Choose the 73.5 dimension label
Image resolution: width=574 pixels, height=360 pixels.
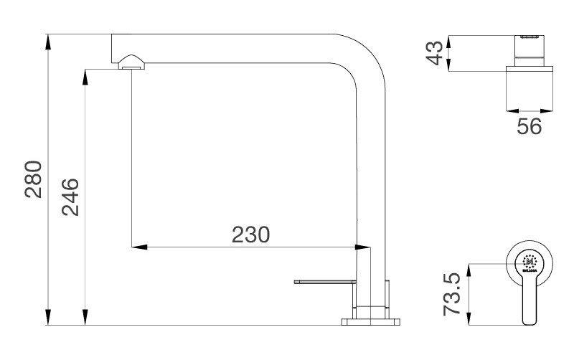point(452,294)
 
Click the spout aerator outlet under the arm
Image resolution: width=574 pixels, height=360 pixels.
point(131,65)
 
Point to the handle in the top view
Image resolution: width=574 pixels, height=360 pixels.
point(532,305)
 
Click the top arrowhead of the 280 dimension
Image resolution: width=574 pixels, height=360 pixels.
point(48,40)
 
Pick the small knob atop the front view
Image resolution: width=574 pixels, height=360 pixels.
point(530,35)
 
